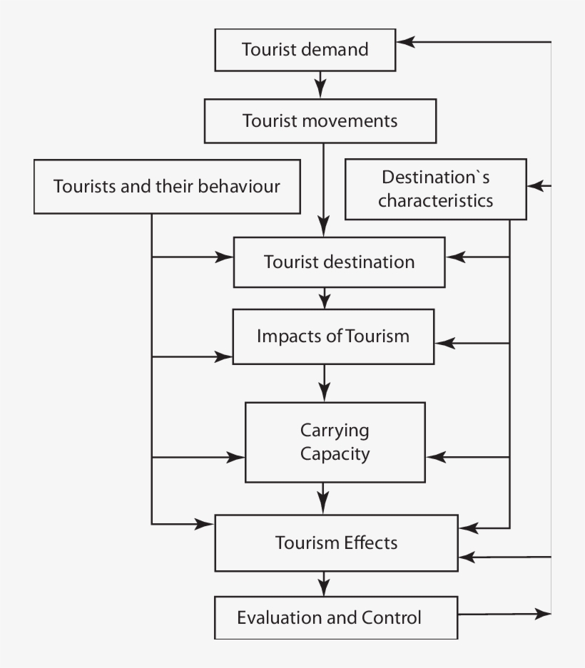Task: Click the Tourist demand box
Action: click(x=305, y=50)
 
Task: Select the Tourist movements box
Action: click(x=320, y=120)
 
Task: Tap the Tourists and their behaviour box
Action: click(x=167, y=187)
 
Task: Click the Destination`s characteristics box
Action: click(x=435, y=189)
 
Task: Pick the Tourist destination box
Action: click(x=339, y=262)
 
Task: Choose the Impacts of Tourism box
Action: click(x=333, y=336)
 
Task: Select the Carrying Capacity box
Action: click(x=335, y=442)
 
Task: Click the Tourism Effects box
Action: click(x=336, y=543)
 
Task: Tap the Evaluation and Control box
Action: click(x=335, y=617)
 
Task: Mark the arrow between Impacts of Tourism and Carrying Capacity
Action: click(x=325, y=383)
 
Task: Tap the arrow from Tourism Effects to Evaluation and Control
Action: click(x=325, y=583)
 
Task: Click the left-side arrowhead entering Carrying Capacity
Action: click(x=236, y=456)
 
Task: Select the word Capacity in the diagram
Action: click(x=335, y=453)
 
